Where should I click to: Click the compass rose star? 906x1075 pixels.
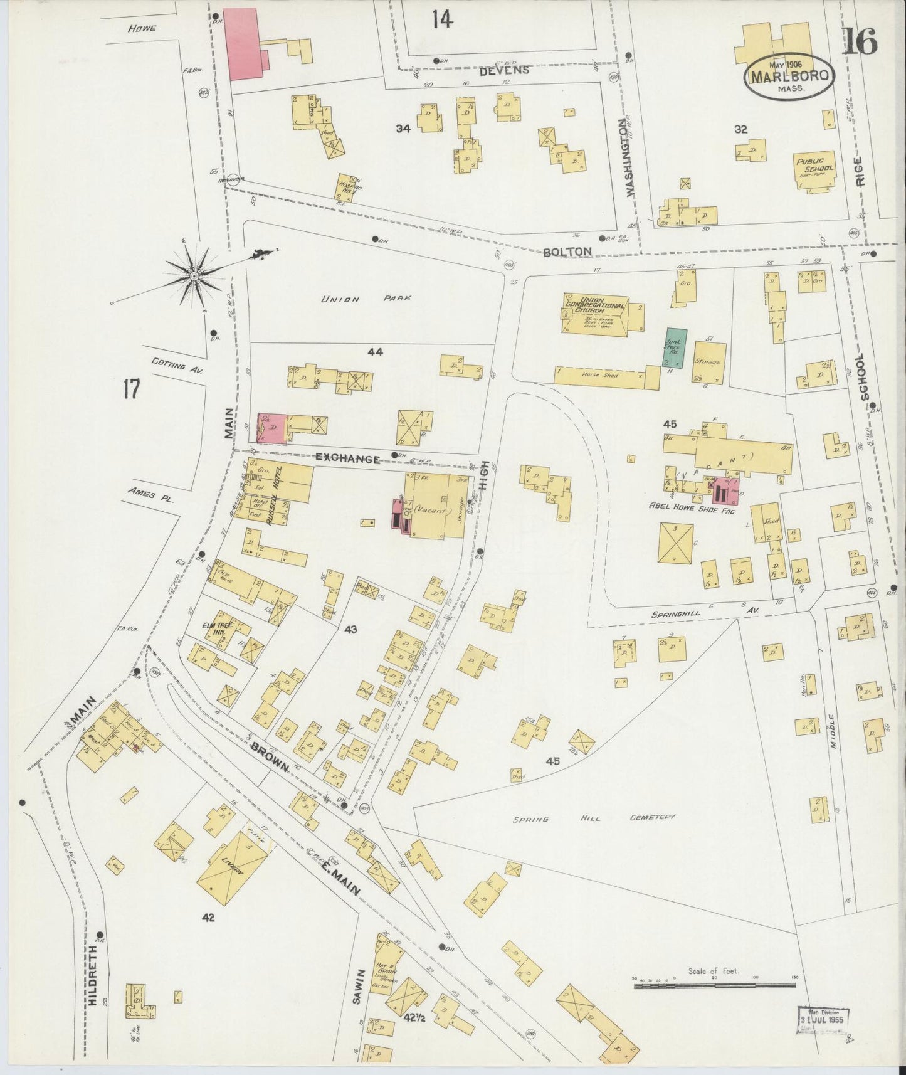(x=194, y=275)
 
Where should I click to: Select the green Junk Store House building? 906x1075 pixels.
(x=675, y=347)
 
